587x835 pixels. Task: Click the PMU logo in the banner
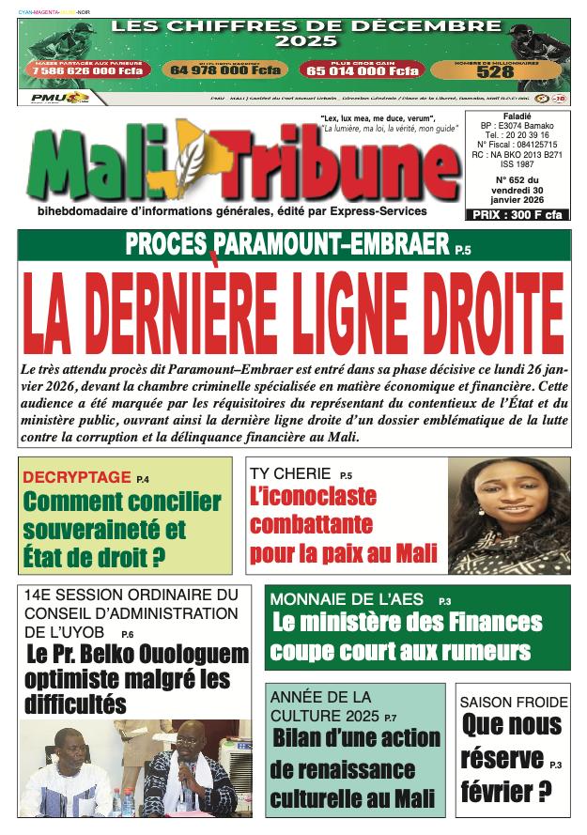[44, 98]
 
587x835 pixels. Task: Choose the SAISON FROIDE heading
[513, 702]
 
